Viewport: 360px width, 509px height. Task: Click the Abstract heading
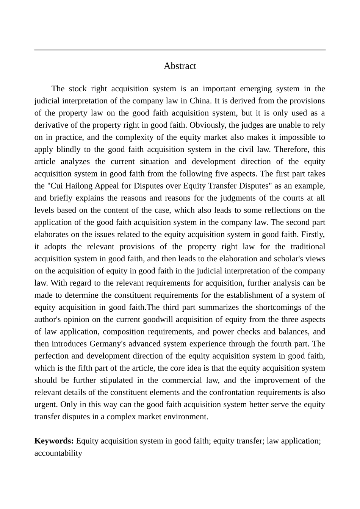click(x=180, y=66)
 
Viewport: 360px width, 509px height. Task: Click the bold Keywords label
click(x=54, y=441)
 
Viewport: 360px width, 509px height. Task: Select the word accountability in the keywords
click(x=58, y=453)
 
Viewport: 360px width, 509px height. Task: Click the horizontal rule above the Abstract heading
click(x=180, y=50)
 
